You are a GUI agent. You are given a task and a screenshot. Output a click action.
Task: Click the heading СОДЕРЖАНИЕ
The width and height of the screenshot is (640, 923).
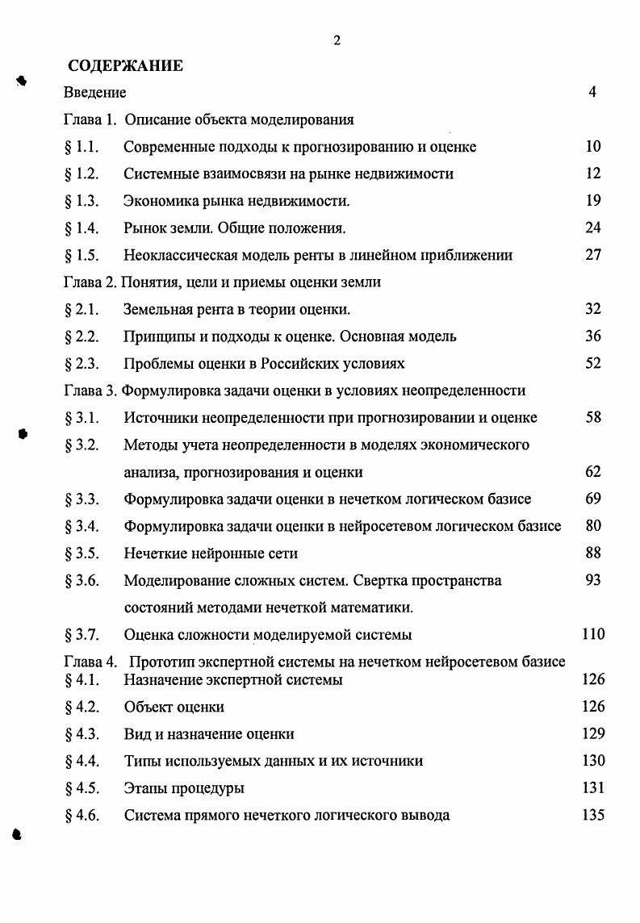125,66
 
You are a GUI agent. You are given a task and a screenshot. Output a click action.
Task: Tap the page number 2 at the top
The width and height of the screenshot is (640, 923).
337,41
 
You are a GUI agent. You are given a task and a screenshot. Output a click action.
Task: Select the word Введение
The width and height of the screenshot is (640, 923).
94,93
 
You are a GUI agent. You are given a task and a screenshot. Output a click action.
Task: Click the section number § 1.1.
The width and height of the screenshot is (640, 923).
81,147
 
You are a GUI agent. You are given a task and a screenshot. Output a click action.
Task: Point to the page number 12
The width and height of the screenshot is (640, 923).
593,173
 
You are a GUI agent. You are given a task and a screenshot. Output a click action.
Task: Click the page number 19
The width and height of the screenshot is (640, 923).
593,201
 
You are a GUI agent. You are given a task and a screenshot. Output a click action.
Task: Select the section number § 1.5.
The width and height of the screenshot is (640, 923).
81,255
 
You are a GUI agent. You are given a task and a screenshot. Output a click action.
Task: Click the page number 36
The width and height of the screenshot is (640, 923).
593,336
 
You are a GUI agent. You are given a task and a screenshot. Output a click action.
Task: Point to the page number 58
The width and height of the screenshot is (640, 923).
593,418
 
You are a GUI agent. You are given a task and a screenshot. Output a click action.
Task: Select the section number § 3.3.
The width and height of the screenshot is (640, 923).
81,499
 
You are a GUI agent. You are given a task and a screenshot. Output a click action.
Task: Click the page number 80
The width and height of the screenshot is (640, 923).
593,526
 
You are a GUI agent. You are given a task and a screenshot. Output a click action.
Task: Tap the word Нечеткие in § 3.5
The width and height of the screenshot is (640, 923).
157,553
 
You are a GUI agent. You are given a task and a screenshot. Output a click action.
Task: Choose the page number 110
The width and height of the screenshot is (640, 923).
593,634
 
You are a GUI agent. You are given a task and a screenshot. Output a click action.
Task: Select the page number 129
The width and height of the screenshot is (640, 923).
593,733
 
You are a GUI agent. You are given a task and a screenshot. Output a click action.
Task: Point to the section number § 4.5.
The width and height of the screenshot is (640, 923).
81,787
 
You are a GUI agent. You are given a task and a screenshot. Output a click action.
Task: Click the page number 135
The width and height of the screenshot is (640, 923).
593,815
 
